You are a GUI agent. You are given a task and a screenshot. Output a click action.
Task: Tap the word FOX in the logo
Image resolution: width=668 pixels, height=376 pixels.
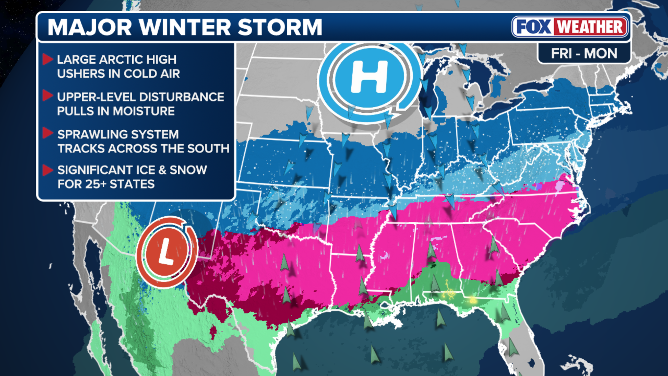click(x=534, y=27)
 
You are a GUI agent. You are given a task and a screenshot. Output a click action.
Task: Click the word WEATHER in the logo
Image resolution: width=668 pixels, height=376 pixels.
click(x=590, y=27)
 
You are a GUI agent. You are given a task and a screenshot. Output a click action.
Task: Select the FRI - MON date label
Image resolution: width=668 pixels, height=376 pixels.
click(x=584, y=54)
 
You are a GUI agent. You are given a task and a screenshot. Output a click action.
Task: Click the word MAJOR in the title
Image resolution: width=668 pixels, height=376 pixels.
click(x=90, y=27)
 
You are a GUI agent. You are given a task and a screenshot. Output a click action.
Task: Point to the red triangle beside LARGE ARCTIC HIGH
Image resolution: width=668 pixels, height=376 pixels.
click(x=47, y=59)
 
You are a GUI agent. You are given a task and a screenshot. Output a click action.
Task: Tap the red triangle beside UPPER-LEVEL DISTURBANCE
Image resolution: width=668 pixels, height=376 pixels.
click(x=47, y=96)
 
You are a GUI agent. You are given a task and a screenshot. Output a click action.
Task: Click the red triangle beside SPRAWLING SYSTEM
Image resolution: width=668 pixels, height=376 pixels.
click(x=47, y=133)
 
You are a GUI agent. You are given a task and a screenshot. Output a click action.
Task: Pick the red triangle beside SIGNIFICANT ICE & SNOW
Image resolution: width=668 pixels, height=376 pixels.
click(x=47, y=170)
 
